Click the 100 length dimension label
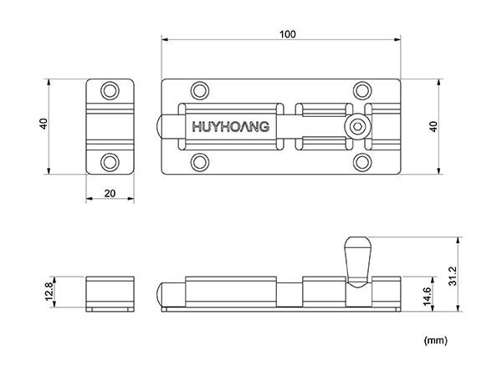click(288, 34)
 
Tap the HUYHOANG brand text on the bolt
click(231, 127)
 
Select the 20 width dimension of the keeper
click(110, 193)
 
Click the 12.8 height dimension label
click(49, 292)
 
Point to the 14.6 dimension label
click(428, 296)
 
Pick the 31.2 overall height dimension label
click(453, 277)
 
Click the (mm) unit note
click(435, 340)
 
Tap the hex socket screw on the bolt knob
click(357, 127)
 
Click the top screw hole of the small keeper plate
click(110, 91)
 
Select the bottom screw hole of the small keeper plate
click(110, 162)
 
